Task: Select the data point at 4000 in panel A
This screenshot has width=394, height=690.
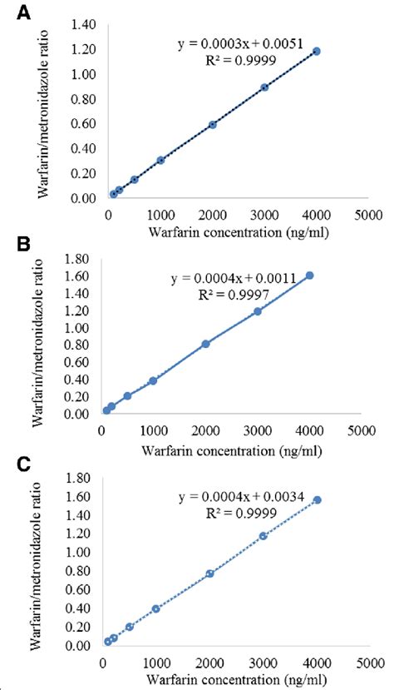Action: click(x=316, y=52)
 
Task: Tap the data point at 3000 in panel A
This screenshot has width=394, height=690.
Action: click(x=264, y=87)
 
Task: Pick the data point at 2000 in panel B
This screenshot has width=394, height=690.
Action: click(x=205, y=344)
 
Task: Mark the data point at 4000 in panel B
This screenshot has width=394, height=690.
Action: click(x=309, y=276)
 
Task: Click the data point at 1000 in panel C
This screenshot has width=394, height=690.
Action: click(x=155, y=608)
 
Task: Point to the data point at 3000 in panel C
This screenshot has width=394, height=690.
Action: click(x=263, y=536)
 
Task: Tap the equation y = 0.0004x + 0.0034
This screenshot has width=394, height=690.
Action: click(x=239, y=498)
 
